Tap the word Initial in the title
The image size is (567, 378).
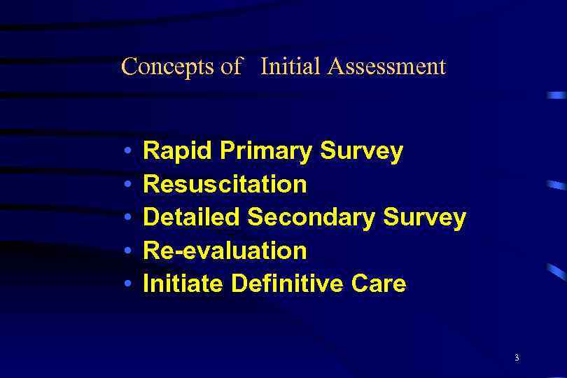click(290, 67)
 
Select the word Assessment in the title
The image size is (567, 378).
click(386, 67)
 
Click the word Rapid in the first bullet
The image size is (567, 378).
click(178, 151)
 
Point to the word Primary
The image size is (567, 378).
click(266, 151)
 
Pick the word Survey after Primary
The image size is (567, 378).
click(362, 151)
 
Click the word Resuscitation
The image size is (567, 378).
click(225, 184)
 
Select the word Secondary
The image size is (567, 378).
click(311, 218)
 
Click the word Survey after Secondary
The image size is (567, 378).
click(425, 218)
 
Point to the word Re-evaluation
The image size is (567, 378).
click(225, 251)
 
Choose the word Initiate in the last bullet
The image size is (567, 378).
click(183, 283)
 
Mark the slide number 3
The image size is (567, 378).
click(517, 358)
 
